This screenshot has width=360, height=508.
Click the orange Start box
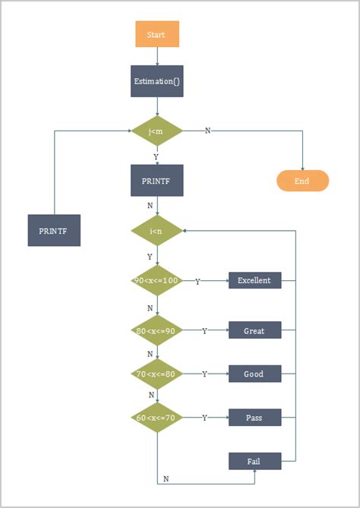(156, 34)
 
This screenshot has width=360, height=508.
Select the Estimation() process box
(156, 81)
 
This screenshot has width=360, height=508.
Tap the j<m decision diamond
(156, 130)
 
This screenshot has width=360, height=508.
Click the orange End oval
(302, 181)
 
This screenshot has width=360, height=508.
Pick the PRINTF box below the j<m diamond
(156, 181)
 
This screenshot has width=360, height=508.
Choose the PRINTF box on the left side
(54, 230)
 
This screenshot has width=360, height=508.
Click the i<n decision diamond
(156, 230)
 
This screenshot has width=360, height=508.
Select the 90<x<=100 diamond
(156, 280)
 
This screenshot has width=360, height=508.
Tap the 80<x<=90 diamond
(156, 330)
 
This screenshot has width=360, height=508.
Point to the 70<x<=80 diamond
(156, 374)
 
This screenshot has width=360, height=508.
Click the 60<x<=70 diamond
(156, 417)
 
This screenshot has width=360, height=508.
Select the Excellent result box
(254, 280)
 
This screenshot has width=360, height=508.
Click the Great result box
(254, 330)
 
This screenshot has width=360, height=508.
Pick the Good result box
(254, 374)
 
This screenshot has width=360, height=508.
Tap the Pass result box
(254, 417)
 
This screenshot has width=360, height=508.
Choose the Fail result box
(254, 461)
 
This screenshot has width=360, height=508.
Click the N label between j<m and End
(208, 130)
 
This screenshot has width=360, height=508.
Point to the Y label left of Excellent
(198, 281)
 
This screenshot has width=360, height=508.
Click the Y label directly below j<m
(156, 156)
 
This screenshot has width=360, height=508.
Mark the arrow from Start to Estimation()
(156, 57)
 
